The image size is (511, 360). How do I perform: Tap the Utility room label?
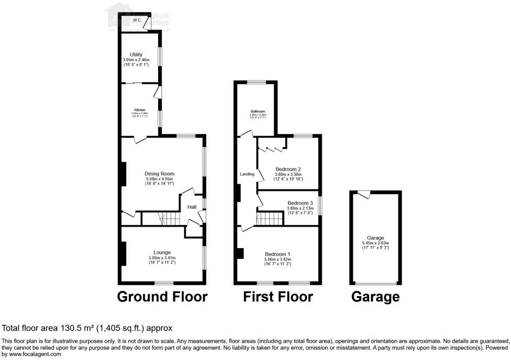click(x=136, y=54)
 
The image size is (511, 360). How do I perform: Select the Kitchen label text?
click(x=140, y=109)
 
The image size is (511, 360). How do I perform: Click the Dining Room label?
click(x=160, y=174)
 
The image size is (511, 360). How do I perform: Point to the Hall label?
click(x=192, y=207)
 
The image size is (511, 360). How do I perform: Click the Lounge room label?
click(x=162, y=252)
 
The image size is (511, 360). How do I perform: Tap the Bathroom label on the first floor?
click(x=258, y=111)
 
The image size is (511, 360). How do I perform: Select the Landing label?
click(x=247, y=174)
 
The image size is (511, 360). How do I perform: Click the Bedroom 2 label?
click(x=288, y=169)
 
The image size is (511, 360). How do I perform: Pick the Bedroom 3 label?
click(x=300, y=203)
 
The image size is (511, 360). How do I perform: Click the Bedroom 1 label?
click(x=277, y=254)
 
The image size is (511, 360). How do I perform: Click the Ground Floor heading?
click(x=162, y=297)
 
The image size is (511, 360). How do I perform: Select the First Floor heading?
click(x=278, y=297)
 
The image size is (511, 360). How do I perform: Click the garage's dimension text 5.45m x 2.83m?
click(x=376, y=243)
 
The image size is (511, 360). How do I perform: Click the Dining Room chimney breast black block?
click(x=124, y=174)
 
